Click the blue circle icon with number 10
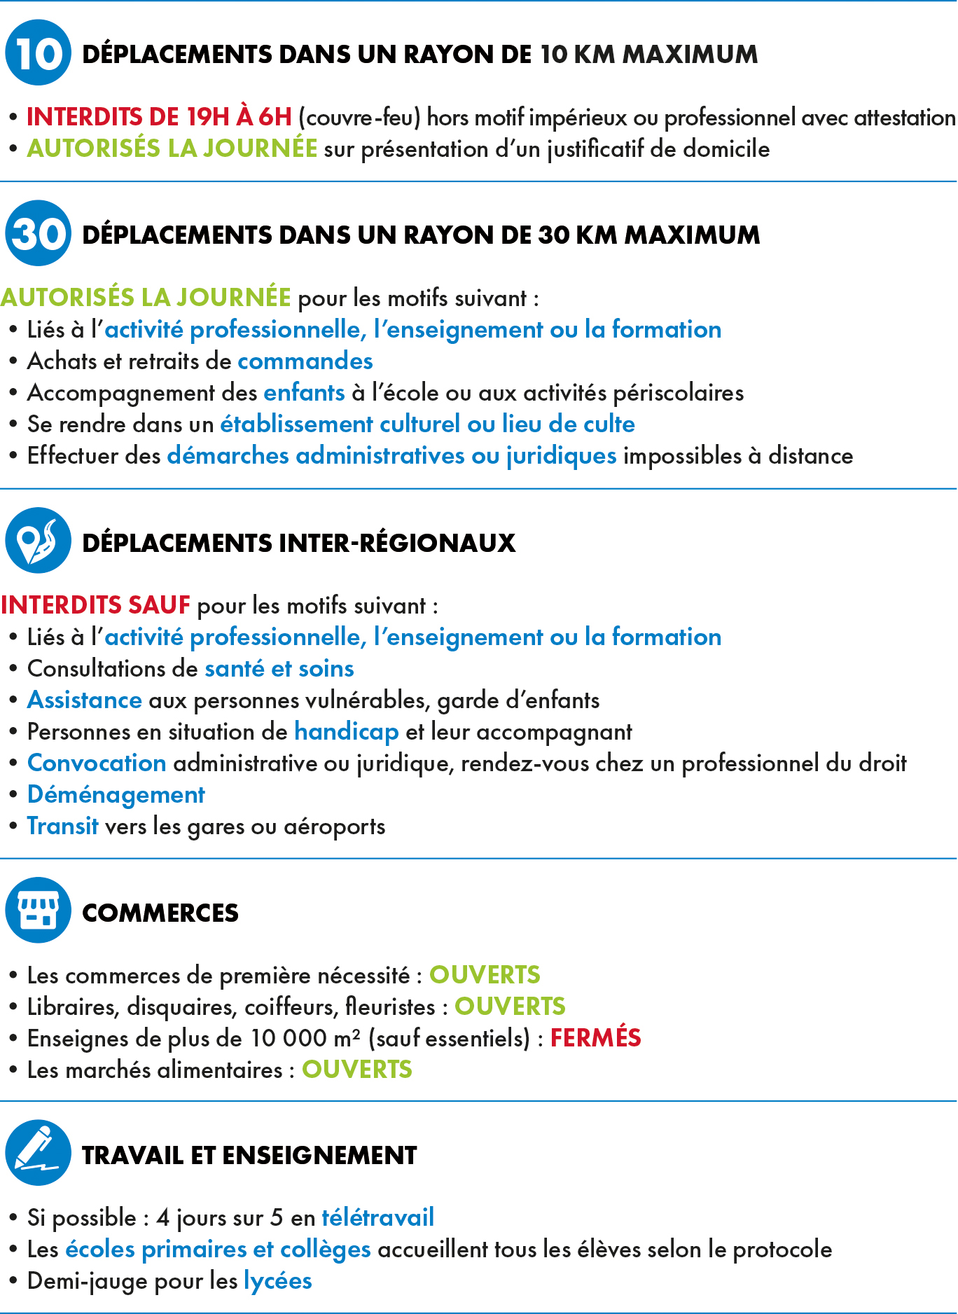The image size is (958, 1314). (x=38, y=53)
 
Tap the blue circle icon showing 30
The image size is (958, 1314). (x=38, y=233)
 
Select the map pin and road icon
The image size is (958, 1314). (x=38, y=541)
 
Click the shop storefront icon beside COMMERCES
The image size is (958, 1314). (x=38, y=910)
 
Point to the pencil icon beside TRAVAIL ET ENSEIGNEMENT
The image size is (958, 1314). (x=38, y=1152)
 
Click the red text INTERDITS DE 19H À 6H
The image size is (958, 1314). (x=159, y=117)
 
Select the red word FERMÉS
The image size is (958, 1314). (x=595, y=1038)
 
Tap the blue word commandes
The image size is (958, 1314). (x=305, y=361)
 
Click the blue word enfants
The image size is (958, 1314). (x=304, y=393)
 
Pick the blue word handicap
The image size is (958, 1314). (x=346, y=732)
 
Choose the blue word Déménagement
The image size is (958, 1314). (x=116, y=795)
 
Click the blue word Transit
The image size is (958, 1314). (x=62, y=827)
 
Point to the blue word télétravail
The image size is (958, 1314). (x=377, y=1218)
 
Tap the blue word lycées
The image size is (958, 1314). (x=277, y=1281)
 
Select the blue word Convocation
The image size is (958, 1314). (x=97, y=763)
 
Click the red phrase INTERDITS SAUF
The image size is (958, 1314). (x=95, y=605)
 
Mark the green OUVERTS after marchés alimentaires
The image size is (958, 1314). (x=356, y=1070)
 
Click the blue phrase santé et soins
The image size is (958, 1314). (x=279, y=669)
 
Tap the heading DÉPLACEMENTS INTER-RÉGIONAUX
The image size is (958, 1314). (x=298, y=543)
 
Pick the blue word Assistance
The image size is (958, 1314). (x=84, y=700)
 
